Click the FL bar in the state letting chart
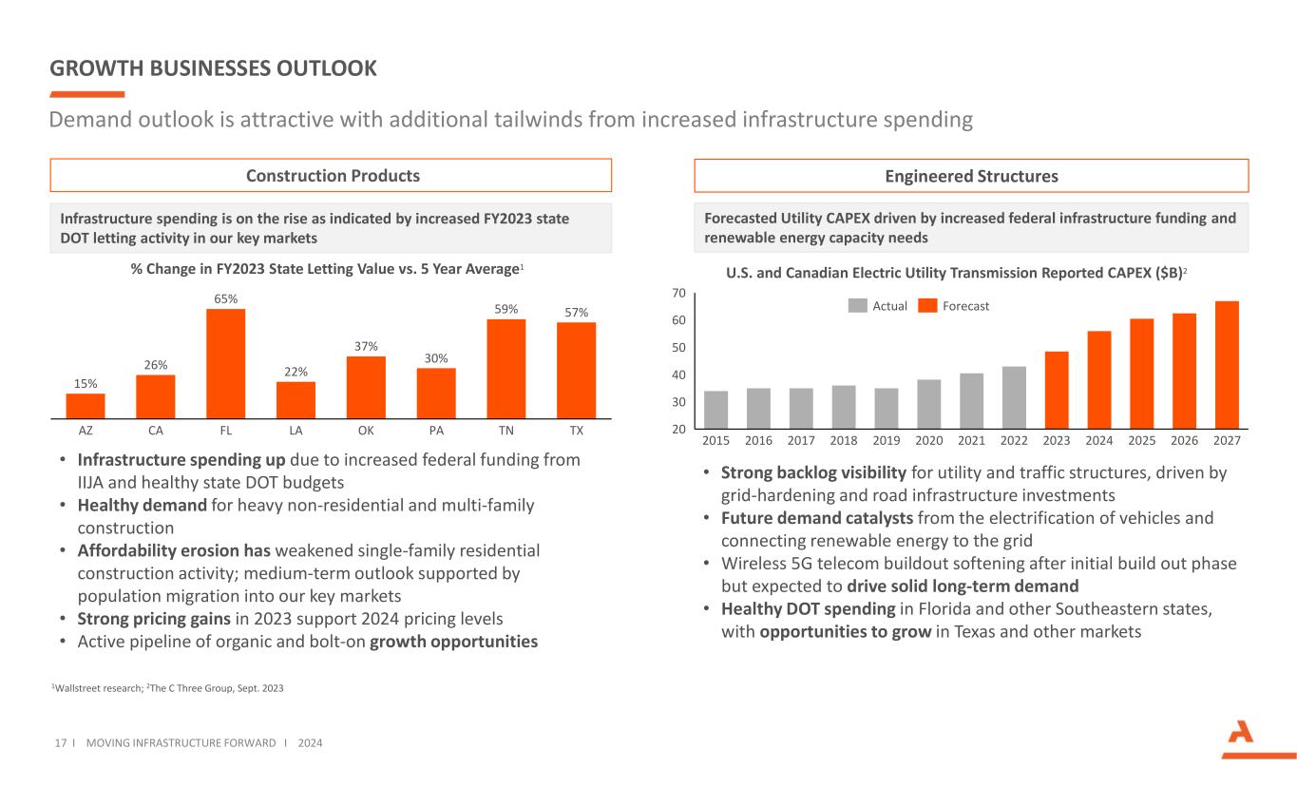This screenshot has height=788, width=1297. (x=225, y=363)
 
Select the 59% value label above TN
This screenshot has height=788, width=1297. (x=505, y=309)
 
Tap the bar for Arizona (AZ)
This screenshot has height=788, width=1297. (x=86, y=406)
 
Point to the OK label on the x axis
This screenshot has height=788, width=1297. (x=366, y=430)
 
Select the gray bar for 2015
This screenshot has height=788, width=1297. (x=715, y=409)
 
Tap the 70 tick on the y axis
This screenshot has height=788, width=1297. (x=678, y=294)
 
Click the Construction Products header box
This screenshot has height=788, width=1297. (x=331, y=176)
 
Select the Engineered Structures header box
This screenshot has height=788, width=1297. (x=971, y=176)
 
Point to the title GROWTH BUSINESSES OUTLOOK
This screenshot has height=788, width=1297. (x=214, y=68)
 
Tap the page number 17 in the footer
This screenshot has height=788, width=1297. (x=58, y=742)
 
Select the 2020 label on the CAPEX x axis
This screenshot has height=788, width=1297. (x=928, y=441)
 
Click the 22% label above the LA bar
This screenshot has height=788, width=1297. (x=296, y=372)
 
